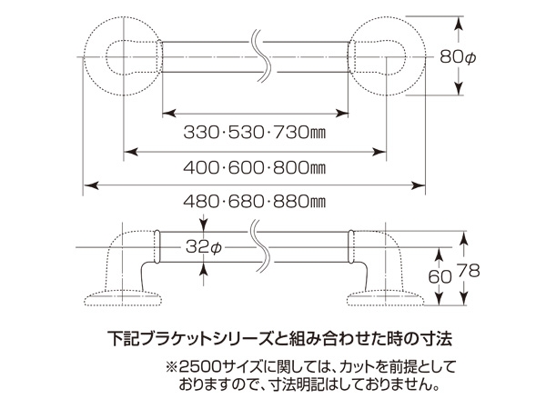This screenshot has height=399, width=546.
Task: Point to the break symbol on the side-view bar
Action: (x=259, y=246)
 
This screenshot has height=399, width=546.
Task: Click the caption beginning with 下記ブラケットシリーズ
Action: (x=274, y=338)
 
